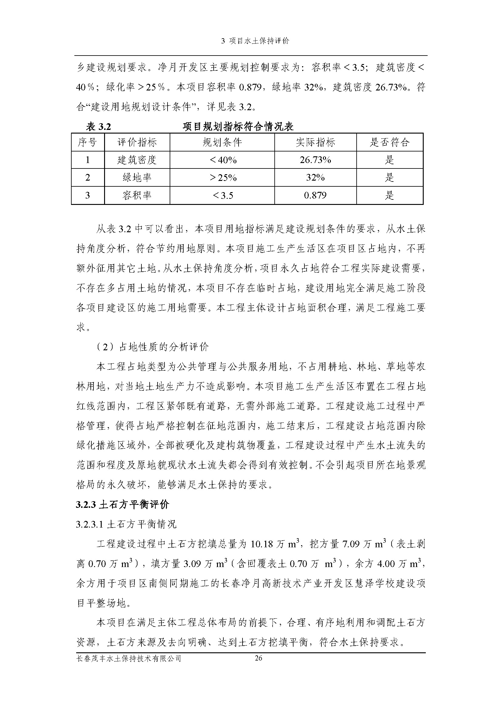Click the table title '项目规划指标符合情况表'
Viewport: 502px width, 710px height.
(238, 127)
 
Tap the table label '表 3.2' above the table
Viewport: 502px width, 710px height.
(98, 127)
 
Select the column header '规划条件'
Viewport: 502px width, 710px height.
(222, 142)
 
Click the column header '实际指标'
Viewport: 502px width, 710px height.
(315, 142)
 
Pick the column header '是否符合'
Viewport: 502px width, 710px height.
(389, 142)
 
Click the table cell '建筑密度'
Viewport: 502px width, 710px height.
(137, 160)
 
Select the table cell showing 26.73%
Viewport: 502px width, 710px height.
(315, 160)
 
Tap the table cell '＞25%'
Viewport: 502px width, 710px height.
(222, 178)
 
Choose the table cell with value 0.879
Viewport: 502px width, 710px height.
(315, 195)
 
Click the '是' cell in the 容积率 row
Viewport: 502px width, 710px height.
(389, 195)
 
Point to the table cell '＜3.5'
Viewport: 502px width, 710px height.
(222, 195)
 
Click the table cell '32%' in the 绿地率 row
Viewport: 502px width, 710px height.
(315, 178)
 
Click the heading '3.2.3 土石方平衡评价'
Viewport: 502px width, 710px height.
(123, 505)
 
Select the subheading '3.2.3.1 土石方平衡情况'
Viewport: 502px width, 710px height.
(126, 524)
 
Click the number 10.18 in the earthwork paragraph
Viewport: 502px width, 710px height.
(262, 544)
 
